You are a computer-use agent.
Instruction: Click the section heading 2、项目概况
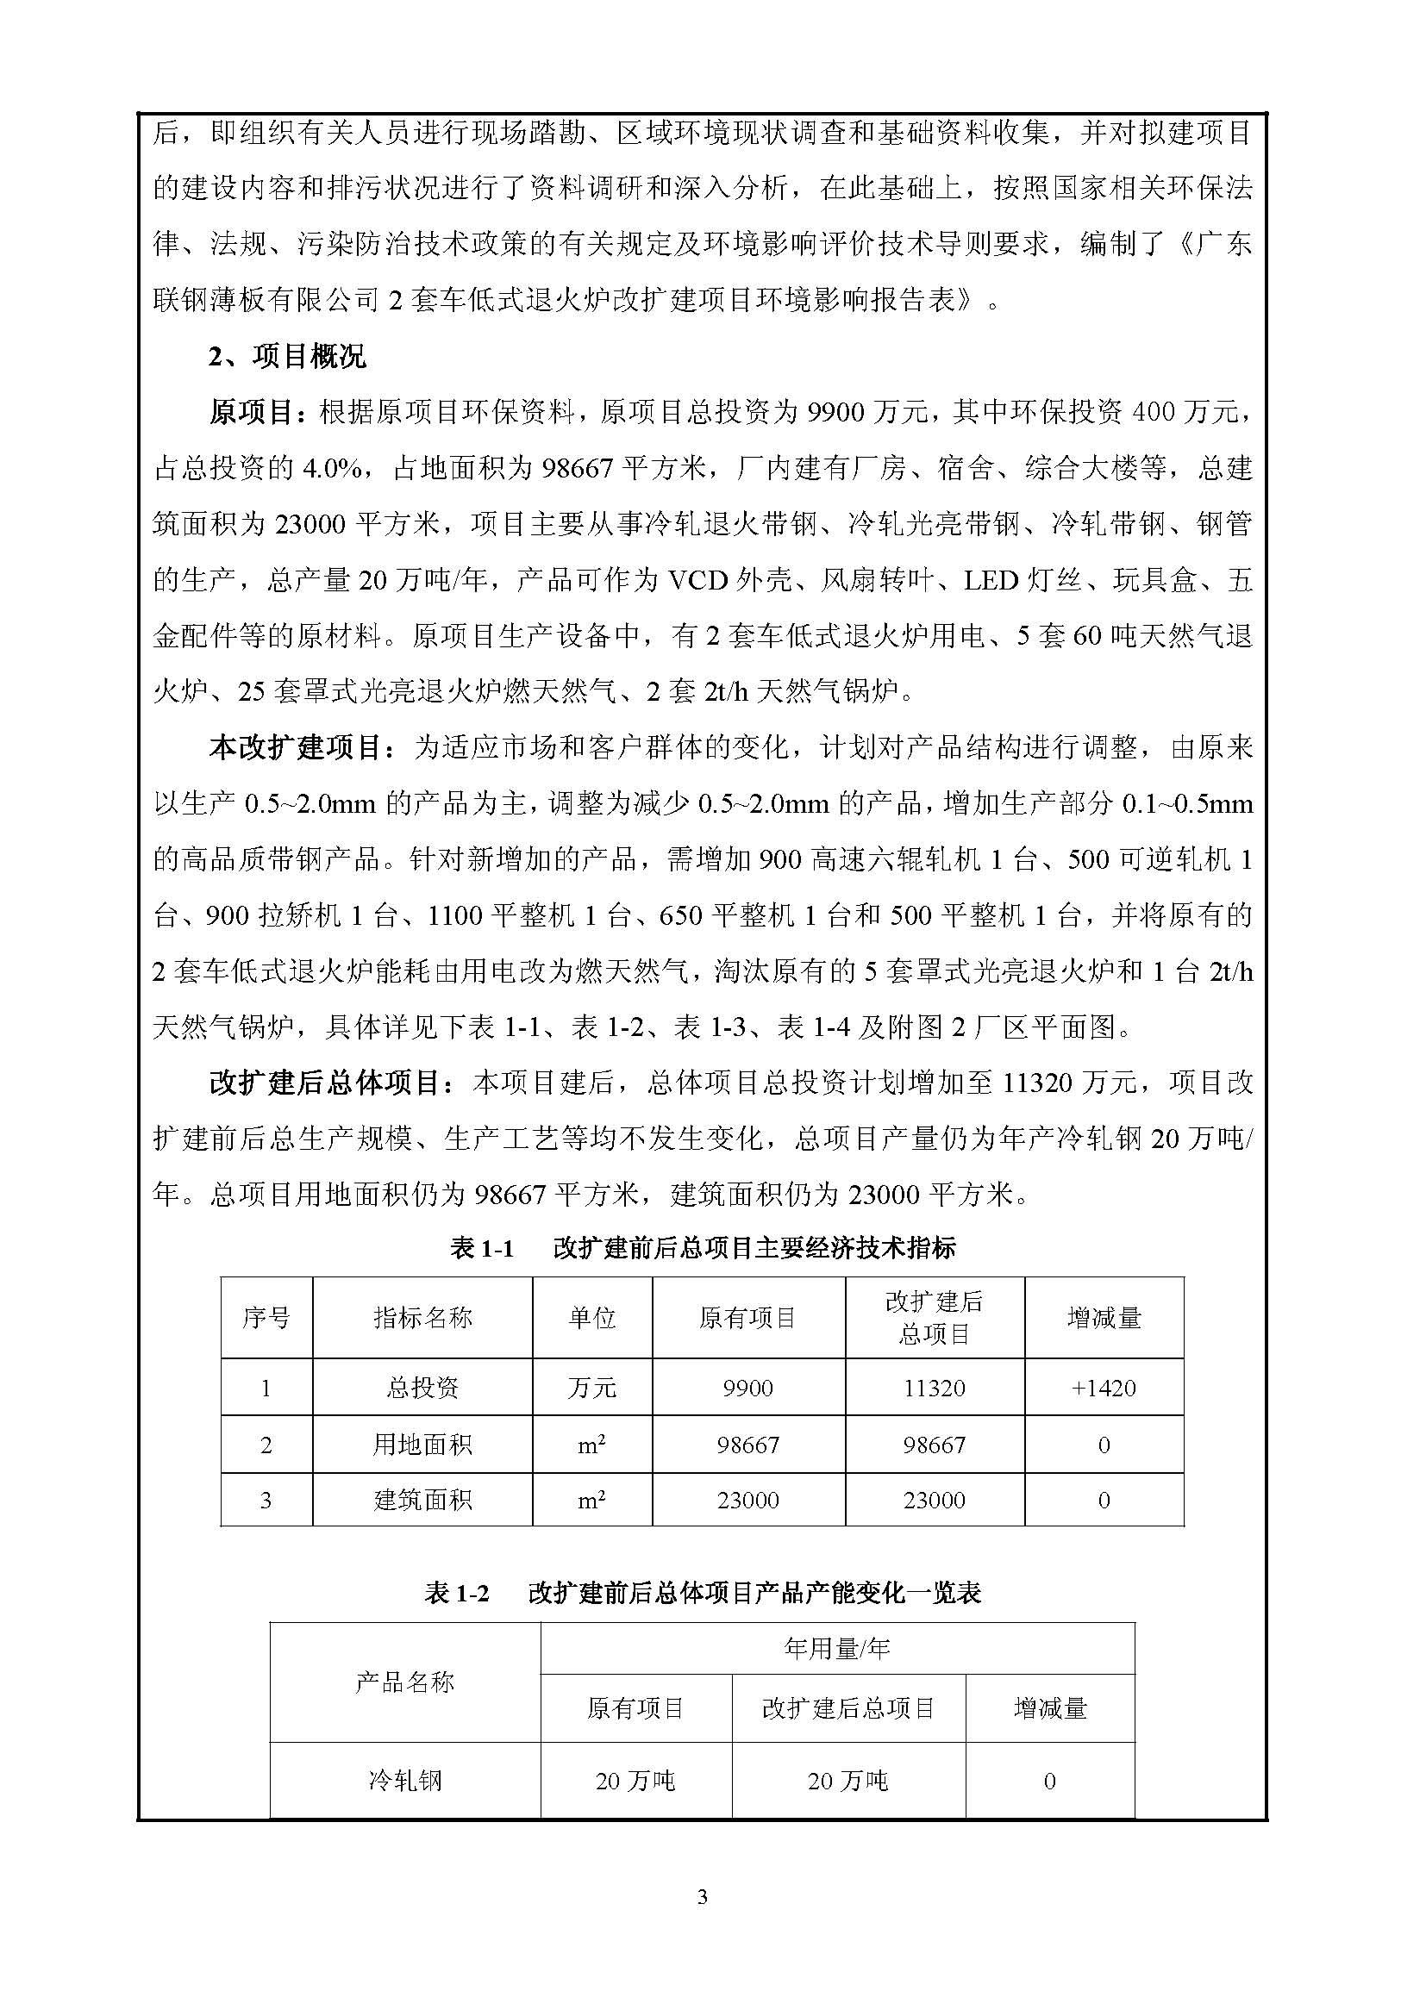[287, 357]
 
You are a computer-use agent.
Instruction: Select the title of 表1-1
[702, 1249]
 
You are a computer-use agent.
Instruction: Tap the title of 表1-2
[702, 1594]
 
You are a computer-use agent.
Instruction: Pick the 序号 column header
[266, 1318]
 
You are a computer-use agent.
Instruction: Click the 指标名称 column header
[422, 1318]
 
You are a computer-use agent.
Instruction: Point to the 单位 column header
[591, 1318]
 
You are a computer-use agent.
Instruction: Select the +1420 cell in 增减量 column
[1104, 1389]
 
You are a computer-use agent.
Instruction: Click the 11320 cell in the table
[935, 1389]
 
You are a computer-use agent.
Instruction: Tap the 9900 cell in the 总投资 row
[748, 1389]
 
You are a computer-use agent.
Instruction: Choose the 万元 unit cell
[591, 1389]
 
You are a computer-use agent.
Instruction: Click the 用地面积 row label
[422, 1445]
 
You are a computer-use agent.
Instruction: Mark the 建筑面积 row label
[422, 1501]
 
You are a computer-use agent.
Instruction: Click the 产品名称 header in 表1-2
[405, 1682]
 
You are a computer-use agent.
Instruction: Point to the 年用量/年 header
[837, 1649]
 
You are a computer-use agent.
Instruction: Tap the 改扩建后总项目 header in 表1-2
[848, 1707]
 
